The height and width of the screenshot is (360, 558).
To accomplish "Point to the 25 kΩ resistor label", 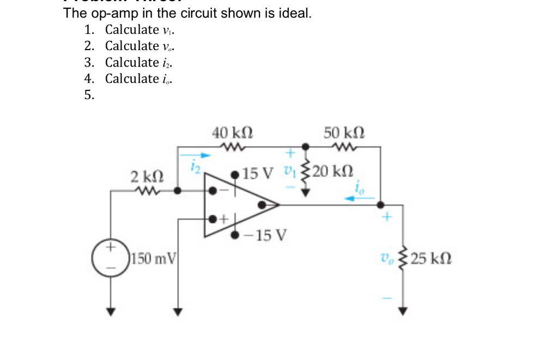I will [430, 257].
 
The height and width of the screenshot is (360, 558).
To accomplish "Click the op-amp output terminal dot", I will [263, 205].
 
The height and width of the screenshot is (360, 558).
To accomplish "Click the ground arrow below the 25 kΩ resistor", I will [403, 311].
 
